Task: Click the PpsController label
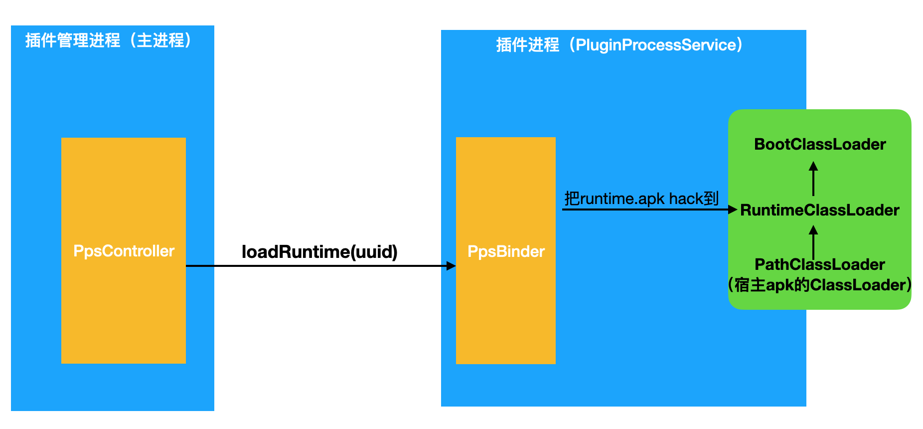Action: click(124, 251)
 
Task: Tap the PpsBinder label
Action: click(506, 251)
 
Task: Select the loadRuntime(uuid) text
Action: click(319, 252)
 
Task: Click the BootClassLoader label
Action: click(820, 144)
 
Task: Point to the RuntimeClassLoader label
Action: click(820, 210)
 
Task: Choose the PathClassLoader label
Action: click(820, 264)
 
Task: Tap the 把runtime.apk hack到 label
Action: click(641, 199)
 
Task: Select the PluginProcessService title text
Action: click(656, 45)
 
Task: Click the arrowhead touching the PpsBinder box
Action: click(451, 266)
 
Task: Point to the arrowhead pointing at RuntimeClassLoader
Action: click(733, 210)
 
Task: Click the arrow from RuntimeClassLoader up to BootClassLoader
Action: click(813, 179)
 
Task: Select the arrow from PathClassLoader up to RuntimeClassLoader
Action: click(813, 242)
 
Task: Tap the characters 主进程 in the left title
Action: click(160, 40)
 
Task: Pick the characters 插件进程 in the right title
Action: click(528, 45)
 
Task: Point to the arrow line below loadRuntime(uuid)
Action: click(321, 266)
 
